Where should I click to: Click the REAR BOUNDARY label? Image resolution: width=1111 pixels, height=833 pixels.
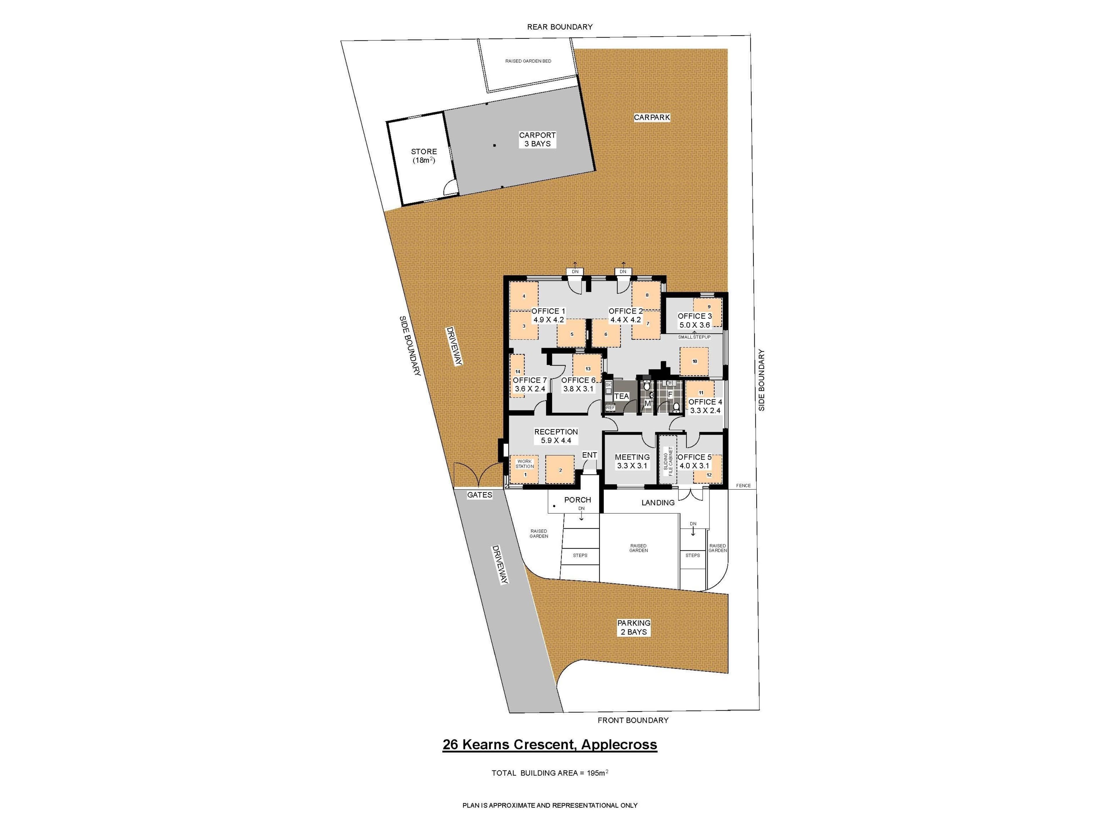[560, 27]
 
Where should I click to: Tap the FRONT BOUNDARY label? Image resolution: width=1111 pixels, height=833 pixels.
[633, 720]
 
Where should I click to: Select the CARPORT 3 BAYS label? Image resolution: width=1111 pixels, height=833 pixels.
[538, 139]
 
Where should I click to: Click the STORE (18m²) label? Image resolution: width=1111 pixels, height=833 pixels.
[424, 156]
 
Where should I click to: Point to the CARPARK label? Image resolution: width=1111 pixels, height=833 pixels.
[652, 117]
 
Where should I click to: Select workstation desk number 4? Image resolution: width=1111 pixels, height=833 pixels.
[524, 296]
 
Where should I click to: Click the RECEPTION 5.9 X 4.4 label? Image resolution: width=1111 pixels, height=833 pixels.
[556, 436]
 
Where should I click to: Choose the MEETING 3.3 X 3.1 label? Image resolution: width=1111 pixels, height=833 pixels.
[632, 461]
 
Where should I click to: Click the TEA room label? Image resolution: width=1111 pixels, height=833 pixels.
[621, 396]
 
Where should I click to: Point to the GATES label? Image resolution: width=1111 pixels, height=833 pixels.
[480, 495]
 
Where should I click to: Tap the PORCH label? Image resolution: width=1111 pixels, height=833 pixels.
[577, 500]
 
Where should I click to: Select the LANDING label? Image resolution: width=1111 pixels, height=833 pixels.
[658, 503]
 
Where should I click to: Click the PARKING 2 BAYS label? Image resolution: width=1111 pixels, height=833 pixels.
[634, 627]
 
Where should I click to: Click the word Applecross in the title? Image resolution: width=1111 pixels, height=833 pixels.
[619, 744]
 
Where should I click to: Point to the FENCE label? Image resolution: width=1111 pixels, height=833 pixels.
[743, 486]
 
